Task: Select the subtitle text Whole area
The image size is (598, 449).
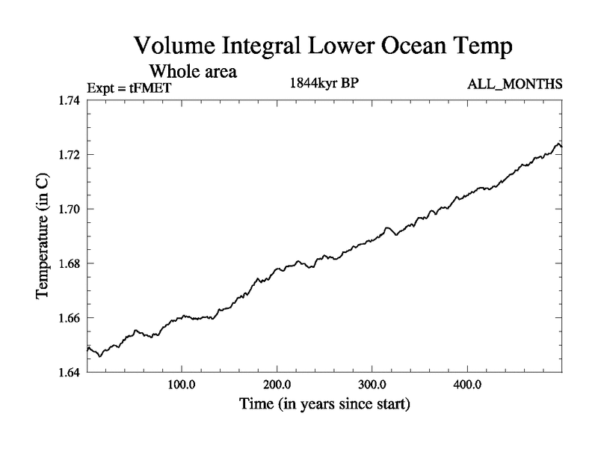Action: (193, 72)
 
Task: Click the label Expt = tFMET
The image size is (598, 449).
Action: (129, 87)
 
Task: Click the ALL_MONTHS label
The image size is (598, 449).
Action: (514, 85)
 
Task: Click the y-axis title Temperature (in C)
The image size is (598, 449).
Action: (43, 236)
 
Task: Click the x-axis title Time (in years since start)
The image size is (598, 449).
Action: (324, 405)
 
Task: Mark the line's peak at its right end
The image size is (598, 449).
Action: (558, 143)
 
